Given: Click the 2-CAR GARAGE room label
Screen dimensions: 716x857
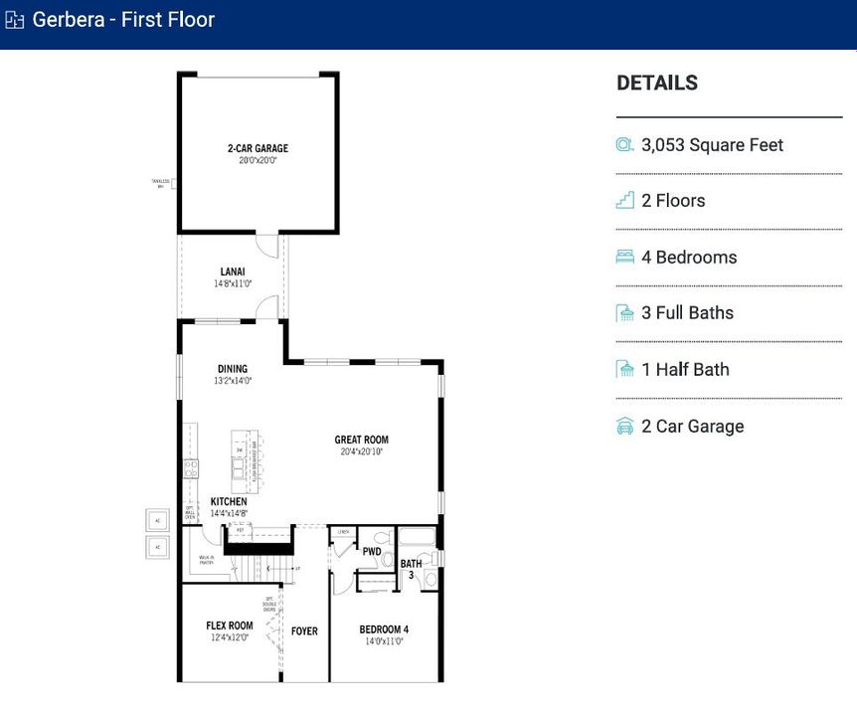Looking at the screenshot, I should coord(257,149).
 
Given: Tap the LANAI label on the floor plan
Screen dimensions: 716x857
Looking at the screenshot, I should coord(233,271).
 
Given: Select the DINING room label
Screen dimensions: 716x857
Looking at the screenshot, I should coord(233,369).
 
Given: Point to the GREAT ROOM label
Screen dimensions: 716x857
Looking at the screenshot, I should coord(361,440).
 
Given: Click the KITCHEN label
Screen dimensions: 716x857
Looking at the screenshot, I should coord(229,501).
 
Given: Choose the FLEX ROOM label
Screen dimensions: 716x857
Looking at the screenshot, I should coord(230,626).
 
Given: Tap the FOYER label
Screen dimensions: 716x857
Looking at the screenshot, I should coord(304,631).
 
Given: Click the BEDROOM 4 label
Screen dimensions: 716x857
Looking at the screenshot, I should coord(384,629).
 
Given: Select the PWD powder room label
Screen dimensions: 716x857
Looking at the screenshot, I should coord(372,551).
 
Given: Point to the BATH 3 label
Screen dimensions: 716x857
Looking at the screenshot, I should coord(411,569).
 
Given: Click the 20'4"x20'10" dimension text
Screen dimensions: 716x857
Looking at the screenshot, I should coord(361,451).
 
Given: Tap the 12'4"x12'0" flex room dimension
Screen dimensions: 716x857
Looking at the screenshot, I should coord(231,637).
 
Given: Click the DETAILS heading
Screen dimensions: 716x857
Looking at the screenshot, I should coord(657,84).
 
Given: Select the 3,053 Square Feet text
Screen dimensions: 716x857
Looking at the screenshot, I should coord(712,145).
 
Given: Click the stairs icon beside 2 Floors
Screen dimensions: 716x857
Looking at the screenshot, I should coord(624,201).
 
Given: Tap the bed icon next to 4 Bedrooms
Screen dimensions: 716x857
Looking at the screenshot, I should coord(624,258).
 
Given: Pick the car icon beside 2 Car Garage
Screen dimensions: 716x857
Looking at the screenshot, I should coord(624,427).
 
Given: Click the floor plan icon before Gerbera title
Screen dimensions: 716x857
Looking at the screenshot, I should coord(15,20).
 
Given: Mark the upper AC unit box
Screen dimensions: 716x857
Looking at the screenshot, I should coord(157,520).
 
